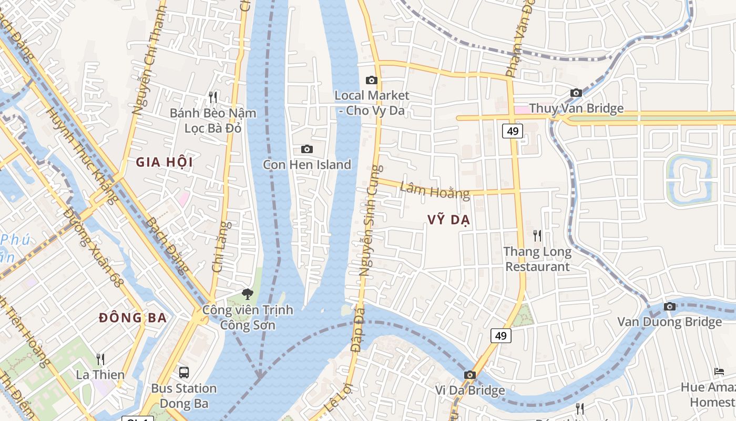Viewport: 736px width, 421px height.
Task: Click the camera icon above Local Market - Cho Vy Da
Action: click(x=372, y=81)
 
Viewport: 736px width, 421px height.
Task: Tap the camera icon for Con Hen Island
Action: click(x=307, y=149)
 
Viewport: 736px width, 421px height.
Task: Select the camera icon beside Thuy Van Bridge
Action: click(x=576, y=93)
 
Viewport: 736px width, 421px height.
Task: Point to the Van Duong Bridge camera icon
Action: click(x=669, y=306)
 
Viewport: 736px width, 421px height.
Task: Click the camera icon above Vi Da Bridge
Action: click(x=470, y=375)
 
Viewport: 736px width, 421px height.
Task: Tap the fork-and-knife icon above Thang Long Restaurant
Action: click(x=537, y=235)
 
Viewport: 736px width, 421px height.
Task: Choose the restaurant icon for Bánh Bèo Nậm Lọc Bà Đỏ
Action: click(x=213, y=97)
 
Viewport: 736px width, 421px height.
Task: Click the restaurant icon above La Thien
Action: click(x=100, y=359)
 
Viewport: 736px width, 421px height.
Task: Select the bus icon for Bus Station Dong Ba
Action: click(x=184, y=373)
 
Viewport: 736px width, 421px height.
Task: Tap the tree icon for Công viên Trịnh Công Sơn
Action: click(x=247, y=294)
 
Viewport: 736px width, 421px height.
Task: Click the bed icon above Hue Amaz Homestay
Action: click(x=719, y=372)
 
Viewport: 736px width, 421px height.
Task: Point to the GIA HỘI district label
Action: click(x=165, y=162)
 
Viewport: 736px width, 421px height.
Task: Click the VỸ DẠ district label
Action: click(x=449, y=220)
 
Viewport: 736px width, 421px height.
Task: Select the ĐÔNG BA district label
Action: click(x=133, y=318)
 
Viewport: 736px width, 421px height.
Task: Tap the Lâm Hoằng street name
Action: click(x=435, y=190)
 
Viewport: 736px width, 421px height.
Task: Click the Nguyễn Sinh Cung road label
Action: click(x=371, y=221)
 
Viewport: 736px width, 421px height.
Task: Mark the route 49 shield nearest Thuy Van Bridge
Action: click(x=512, y=131)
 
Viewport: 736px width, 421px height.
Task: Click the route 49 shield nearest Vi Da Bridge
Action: click(x=501, y=335)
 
